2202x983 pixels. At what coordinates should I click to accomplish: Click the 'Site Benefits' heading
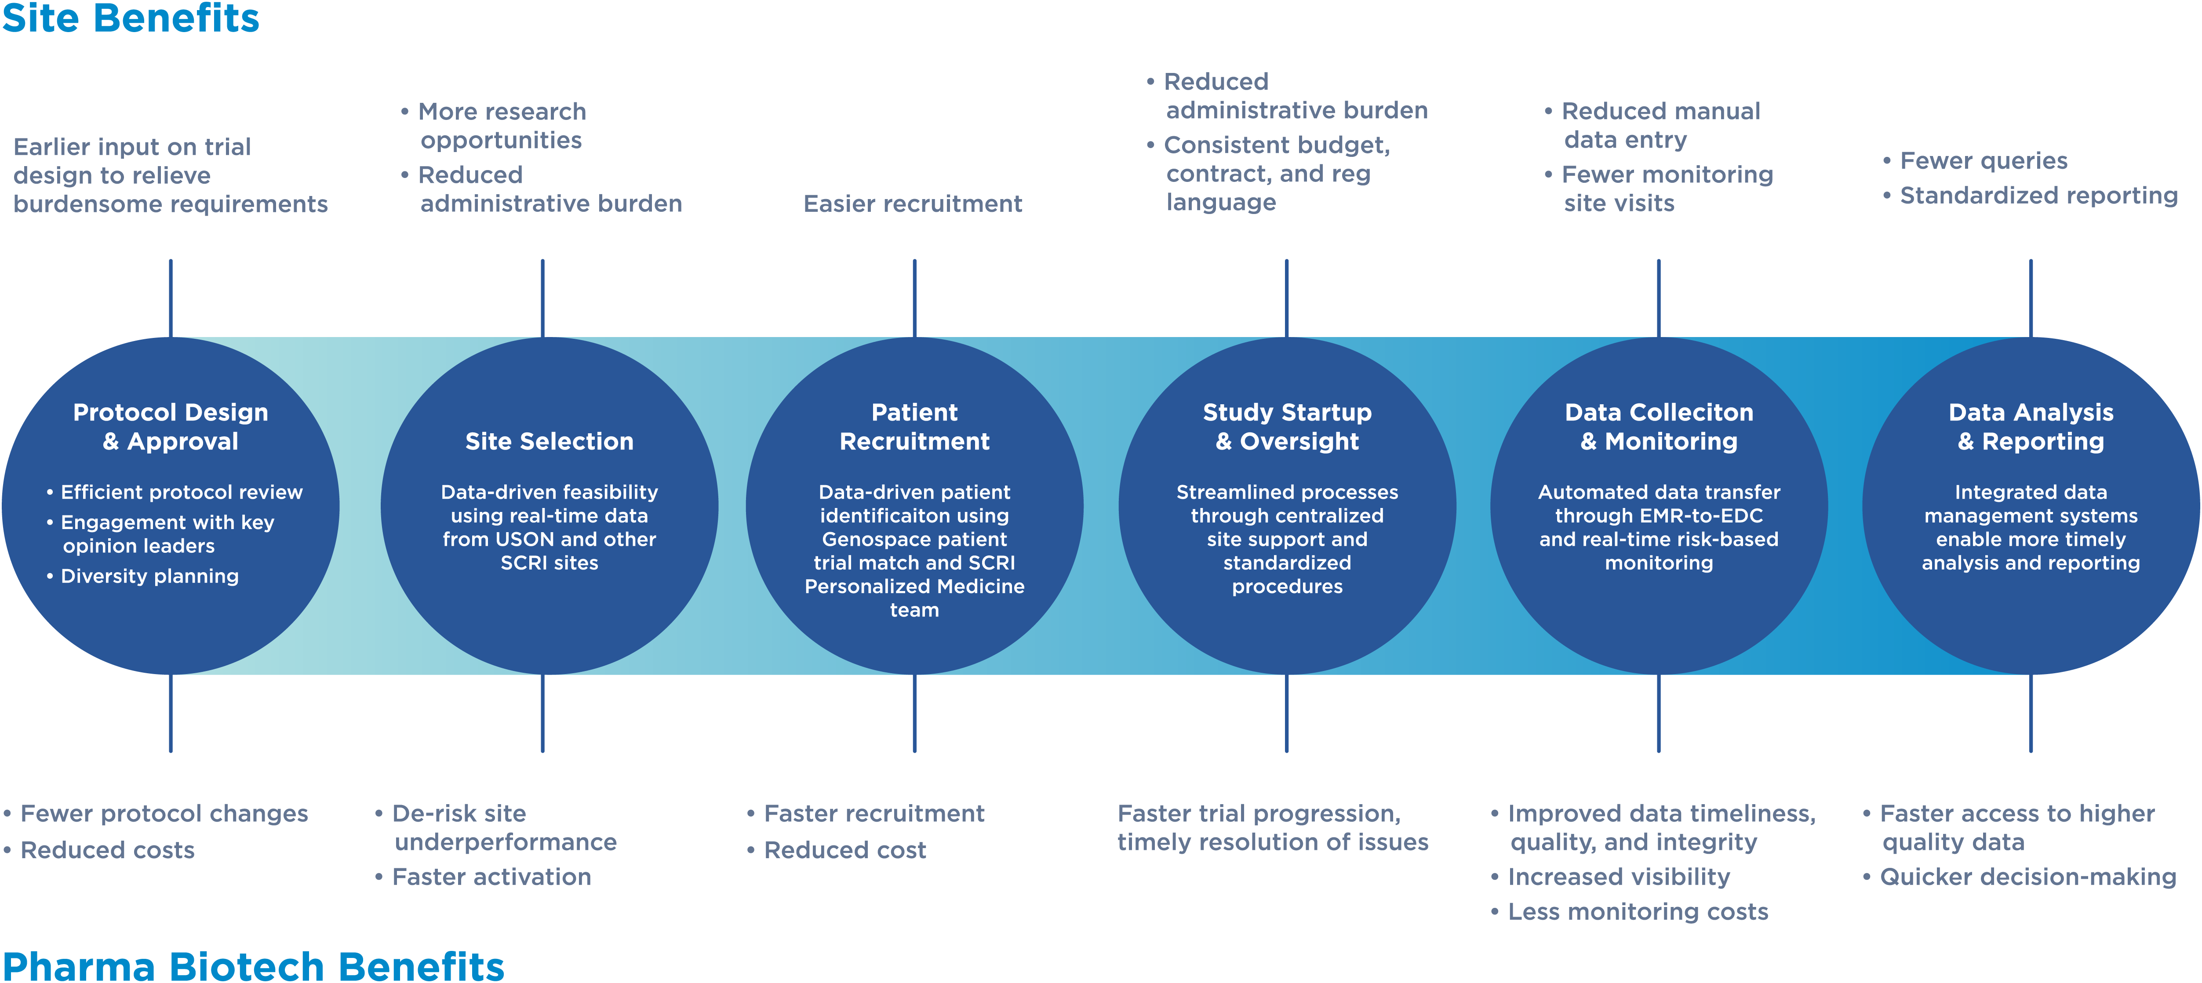tap(130, 19)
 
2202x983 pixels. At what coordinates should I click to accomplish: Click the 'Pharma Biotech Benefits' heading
tap(253, 966)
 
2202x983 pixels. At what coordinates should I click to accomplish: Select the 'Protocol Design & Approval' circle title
tap(170, 427)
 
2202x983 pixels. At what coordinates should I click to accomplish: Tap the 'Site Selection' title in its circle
tap(549, 441)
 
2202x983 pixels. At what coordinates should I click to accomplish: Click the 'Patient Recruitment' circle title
tap(914, 427)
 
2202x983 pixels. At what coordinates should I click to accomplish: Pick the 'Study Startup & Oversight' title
tap(1286, 427)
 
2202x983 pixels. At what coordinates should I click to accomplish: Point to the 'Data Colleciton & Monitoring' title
tap(1658, 427)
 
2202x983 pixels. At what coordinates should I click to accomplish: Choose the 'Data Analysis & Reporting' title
tap(2030, 427)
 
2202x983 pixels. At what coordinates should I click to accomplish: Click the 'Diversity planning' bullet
tap(149, 576)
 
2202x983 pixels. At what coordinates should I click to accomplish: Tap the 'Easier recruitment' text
tap(912, 203)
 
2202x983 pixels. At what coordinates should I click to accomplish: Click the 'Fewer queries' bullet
tap(1982, 161)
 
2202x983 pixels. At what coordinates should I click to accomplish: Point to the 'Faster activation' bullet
tap(491, 877)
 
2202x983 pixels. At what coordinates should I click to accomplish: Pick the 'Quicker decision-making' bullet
tap(2027, 877)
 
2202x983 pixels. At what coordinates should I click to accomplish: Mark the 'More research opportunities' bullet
tap(501, 126)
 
